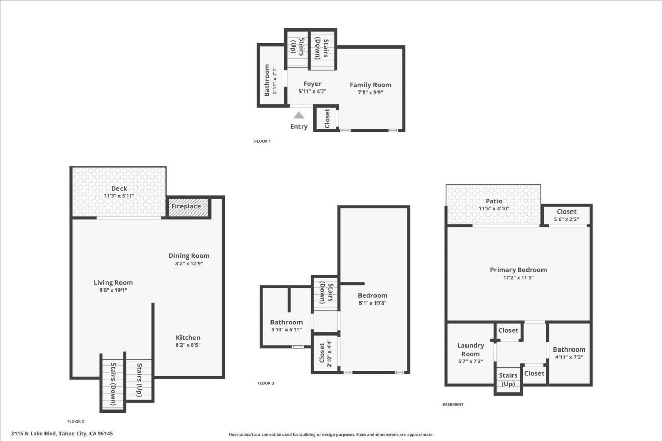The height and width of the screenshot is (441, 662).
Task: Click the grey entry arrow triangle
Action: click(299, 115)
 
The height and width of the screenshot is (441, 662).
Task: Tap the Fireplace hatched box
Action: click(188, 207)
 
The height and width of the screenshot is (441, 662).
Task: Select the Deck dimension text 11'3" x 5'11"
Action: click(119, 196)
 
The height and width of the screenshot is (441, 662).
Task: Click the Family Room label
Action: click(370, 85)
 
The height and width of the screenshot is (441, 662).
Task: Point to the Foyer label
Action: click(312, 84)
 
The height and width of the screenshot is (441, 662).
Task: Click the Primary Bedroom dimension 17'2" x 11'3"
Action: click(518, 277)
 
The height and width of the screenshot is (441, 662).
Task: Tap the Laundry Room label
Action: click(471, 349)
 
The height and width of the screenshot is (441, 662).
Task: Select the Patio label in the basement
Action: click(494, 201)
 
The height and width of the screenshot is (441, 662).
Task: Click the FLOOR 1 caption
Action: click(263, 141)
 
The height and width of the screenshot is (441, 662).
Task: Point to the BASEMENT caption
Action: click(453, 404)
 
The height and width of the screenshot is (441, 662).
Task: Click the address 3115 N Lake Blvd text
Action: click(62, 433)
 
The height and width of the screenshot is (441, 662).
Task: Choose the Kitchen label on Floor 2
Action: click(188, 338)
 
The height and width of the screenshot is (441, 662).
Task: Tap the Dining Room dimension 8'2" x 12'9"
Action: click(189, 263)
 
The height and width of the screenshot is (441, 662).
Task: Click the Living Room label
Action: click(113, 283)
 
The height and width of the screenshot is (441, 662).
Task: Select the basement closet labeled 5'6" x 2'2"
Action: click(566, 215)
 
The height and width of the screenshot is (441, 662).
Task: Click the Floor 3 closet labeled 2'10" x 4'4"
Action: click(325, 353)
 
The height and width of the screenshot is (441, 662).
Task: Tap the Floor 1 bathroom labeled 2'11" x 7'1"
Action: click(270, 80)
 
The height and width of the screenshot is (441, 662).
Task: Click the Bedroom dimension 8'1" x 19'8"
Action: click(372, 303)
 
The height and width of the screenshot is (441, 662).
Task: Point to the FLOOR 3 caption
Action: click(266, 383)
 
